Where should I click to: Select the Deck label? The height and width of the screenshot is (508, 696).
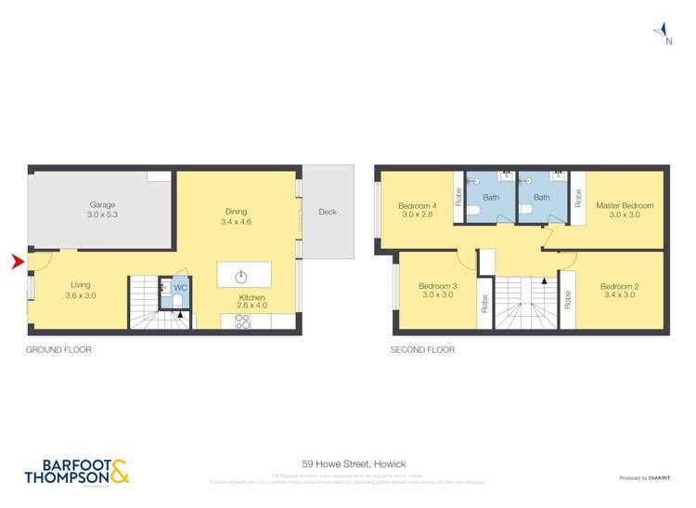point(328,212)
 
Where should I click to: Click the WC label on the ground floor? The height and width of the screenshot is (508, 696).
point(180,288)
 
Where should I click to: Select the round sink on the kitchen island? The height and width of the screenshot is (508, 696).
point(241,276)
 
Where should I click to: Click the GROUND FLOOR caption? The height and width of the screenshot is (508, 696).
point(59,350)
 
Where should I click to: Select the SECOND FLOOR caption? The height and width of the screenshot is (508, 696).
point(423,350)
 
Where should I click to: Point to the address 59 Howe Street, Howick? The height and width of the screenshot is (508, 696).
point(354,463)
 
